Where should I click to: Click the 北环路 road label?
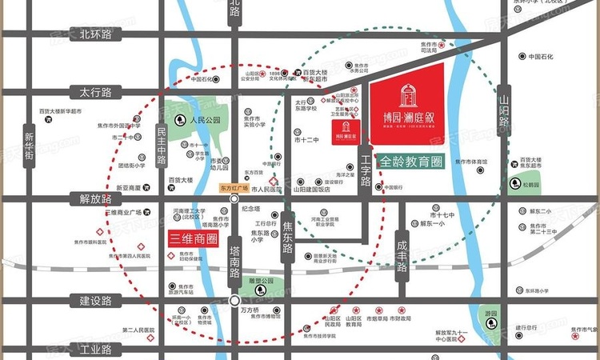click(94, 34)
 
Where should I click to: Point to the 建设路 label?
click(94, 301)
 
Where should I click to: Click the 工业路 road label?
click(94, 349)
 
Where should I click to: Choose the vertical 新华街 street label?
click(30, 147)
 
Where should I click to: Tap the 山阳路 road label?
click(504, 111)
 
